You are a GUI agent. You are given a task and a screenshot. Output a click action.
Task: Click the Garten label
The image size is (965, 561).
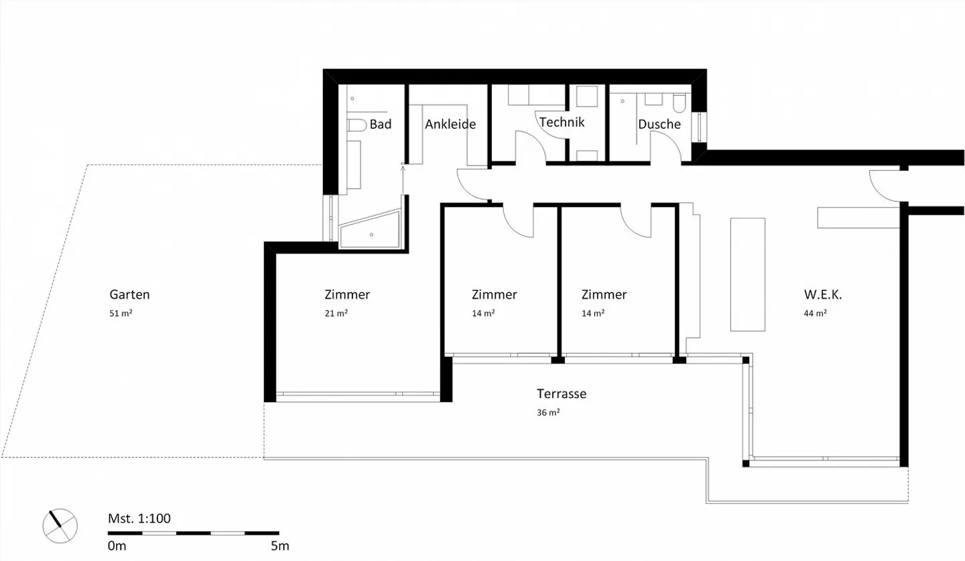tap(129, 294)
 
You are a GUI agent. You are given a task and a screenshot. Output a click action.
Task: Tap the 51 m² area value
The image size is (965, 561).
tap(121, 313)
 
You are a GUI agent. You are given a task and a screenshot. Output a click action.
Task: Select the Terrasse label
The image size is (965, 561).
tap(561, 393)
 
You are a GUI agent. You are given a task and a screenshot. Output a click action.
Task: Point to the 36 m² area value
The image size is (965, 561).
tap(548, 413)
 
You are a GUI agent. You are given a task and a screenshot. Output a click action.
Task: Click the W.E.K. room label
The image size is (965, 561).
tap(822, 294)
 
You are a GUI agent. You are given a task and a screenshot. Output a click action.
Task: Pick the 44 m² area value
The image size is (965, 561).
tap(815, 313)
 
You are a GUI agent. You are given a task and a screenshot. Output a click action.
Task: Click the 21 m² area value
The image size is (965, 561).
tap(336, 313)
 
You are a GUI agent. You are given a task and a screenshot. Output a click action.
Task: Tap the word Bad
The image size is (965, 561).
tap(381, 124)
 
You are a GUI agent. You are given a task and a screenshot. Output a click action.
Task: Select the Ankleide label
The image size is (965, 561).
tap(450, 124)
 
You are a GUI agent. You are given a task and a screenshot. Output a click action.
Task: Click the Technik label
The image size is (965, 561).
tap(562, 122)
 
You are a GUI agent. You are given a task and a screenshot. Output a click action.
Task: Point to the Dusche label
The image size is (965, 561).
tap(659, 124)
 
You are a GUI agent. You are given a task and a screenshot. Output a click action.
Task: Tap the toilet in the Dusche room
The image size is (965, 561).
tap(678, 103)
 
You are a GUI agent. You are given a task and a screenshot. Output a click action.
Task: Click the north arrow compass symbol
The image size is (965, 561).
tap(60, 524)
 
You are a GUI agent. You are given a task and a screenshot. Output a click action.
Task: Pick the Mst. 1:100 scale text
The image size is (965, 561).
tap(139, 518)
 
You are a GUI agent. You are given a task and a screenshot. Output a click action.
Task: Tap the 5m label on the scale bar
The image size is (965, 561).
tap(280, 546)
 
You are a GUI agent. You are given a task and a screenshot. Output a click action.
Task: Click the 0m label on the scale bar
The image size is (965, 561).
tap(117, 546)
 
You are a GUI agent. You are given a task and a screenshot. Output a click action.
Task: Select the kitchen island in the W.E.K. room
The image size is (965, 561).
tap(747, 274)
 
